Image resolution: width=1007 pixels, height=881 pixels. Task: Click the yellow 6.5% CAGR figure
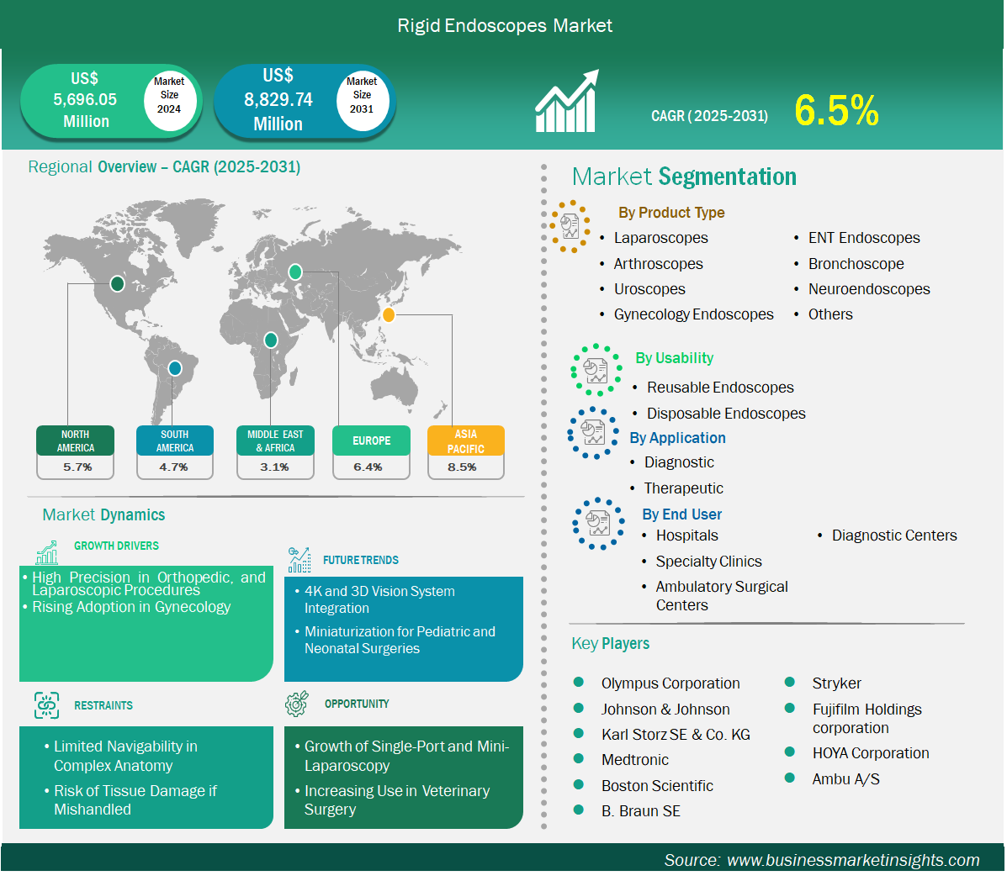[836, 110]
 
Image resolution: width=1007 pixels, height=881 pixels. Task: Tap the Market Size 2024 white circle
[169, 97]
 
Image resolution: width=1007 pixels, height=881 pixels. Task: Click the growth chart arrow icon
[567, 101]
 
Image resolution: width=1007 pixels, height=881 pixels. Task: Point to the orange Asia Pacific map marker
[389, 314]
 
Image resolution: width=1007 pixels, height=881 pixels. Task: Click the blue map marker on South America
[175, 368]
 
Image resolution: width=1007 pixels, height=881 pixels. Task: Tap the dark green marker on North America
[117, 283]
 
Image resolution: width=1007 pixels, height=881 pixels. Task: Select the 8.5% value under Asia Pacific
[463, 467]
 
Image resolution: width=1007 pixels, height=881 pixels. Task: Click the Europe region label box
[371, 440]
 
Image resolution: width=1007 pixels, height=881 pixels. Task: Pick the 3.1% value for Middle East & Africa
[274, 467]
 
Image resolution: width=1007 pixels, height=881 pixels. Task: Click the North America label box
[75, 440]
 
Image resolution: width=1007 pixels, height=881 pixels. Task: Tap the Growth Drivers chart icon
[47, 551]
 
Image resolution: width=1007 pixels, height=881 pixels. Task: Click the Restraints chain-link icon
[46, 705]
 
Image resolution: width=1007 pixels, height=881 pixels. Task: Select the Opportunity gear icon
[297, 704]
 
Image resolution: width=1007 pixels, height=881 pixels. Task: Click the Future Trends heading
[360, 560]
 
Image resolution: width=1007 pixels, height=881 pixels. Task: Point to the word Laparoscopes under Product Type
[661, 238]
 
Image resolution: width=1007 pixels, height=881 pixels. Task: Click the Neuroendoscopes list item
[869, 289]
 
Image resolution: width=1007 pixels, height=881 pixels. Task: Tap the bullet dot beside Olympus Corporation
[579, 682]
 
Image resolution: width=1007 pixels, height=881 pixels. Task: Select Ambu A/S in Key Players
[845, 779]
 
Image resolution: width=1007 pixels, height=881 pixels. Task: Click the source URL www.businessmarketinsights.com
[853, 860]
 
